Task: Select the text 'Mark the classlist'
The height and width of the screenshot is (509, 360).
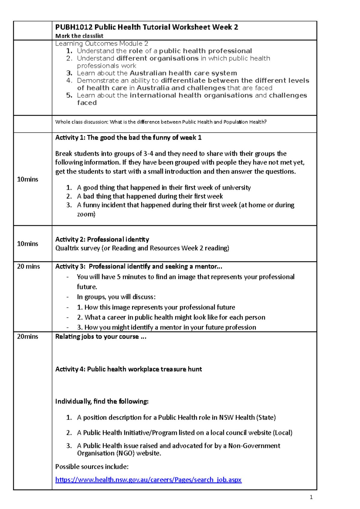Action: pos(79,36)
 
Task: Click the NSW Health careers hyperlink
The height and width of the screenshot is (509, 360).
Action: pos(148,480)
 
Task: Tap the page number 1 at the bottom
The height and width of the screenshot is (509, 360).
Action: pos(311,497)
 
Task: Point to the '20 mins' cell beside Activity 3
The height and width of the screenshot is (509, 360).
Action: pos(28,266)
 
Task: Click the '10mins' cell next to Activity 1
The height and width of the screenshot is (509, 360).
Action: pos(28,179)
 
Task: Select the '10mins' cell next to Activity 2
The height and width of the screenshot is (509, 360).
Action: pos(28,244)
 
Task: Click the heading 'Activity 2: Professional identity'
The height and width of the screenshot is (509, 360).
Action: pos(102,240)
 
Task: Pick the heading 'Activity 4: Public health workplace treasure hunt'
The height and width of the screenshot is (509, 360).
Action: pos(128,369)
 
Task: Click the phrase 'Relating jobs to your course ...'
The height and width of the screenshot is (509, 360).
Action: pos(101,337)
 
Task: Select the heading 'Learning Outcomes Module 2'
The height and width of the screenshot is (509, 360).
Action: pos(101,44)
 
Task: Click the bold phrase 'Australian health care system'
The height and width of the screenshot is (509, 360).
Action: pos(183,73)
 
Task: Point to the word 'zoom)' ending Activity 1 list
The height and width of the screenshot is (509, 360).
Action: pos(86,214)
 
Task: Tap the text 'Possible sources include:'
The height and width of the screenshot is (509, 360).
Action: pos(92,467)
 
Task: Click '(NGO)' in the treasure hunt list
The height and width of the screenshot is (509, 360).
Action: pos(125,453)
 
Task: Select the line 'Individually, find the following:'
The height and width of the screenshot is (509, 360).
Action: pos(102,401)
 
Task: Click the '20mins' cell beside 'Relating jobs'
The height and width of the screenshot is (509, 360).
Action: pos(28,337)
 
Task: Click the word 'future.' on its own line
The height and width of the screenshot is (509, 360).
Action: pos(87,287)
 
